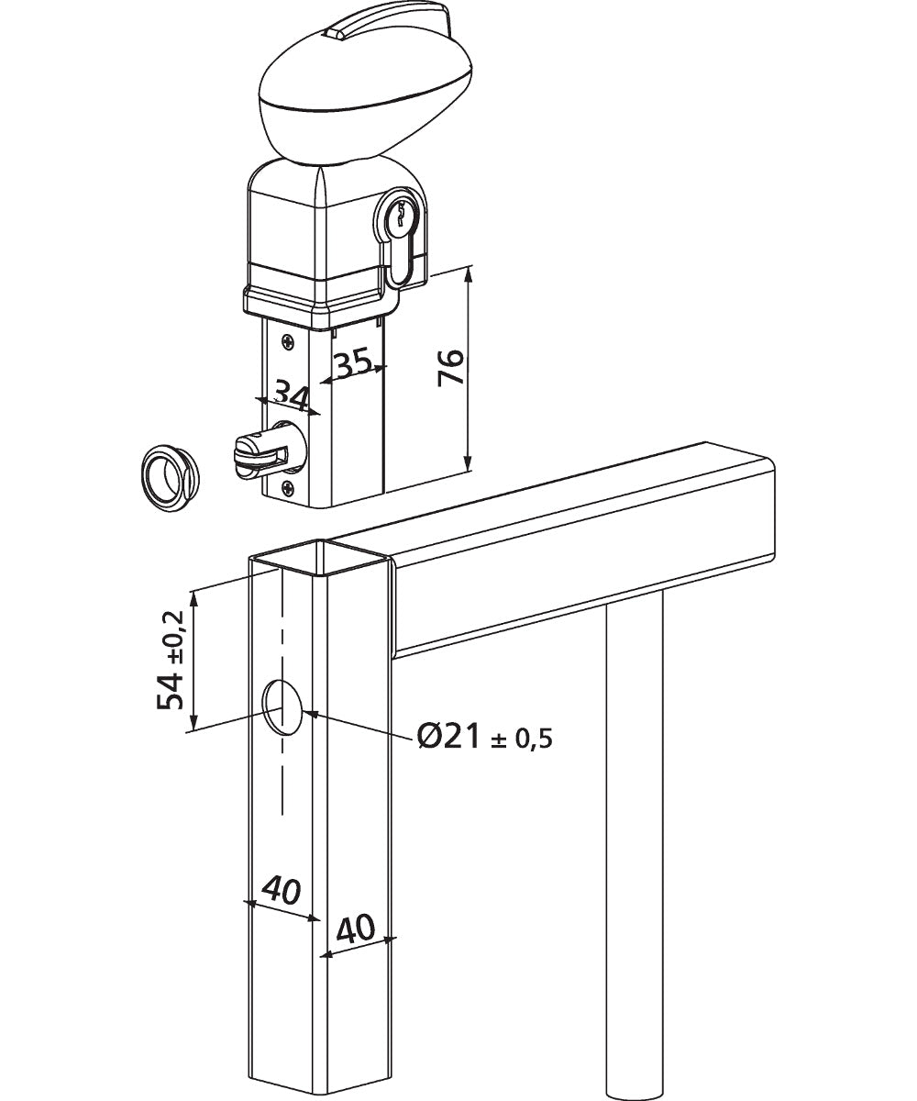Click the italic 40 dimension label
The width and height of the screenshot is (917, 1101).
coord(282,889)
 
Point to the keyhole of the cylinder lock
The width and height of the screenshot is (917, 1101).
coord(400,217)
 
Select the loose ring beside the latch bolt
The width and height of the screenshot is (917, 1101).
coord(171,476)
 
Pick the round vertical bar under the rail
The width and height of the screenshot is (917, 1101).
coord(633,844)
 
